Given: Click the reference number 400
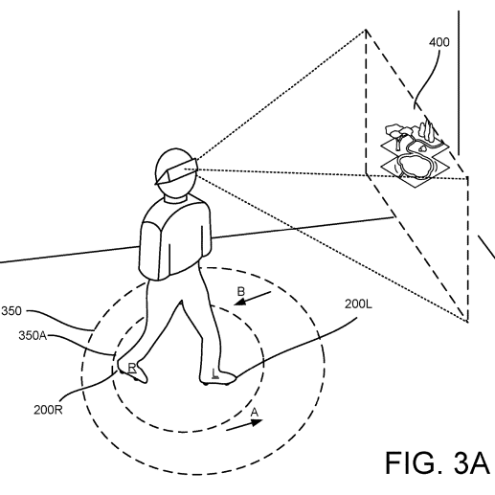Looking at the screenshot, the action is [439, 42].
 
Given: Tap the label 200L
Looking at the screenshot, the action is [358, 304].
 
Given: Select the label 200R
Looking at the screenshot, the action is [48, 410].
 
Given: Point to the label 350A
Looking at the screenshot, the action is [33, 336].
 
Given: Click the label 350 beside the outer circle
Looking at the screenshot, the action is [11, 311].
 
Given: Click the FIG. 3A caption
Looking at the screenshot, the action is [438, 462].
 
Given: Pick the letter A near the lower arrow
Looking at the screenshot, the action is [254, 413].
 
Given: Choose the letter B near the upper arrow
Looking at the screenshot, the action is [241, 292].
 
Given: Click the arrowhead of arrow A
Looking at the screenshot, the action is [257, 422].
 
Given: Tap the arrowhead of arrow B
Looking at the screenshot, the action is [239, 302].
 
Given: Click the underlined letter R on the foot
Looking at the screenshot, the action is [132, 368].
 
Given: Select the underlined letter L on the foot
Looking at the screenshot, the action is [215, 373].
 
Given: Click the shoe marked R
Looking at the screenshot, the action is [133, 371].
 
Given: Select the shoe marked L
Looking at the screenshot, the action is [218, 375].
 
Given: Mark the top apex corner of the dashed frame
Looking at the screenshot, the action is [366, 30].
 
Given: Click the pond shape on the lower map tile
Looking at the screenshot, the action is [414, 165].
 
